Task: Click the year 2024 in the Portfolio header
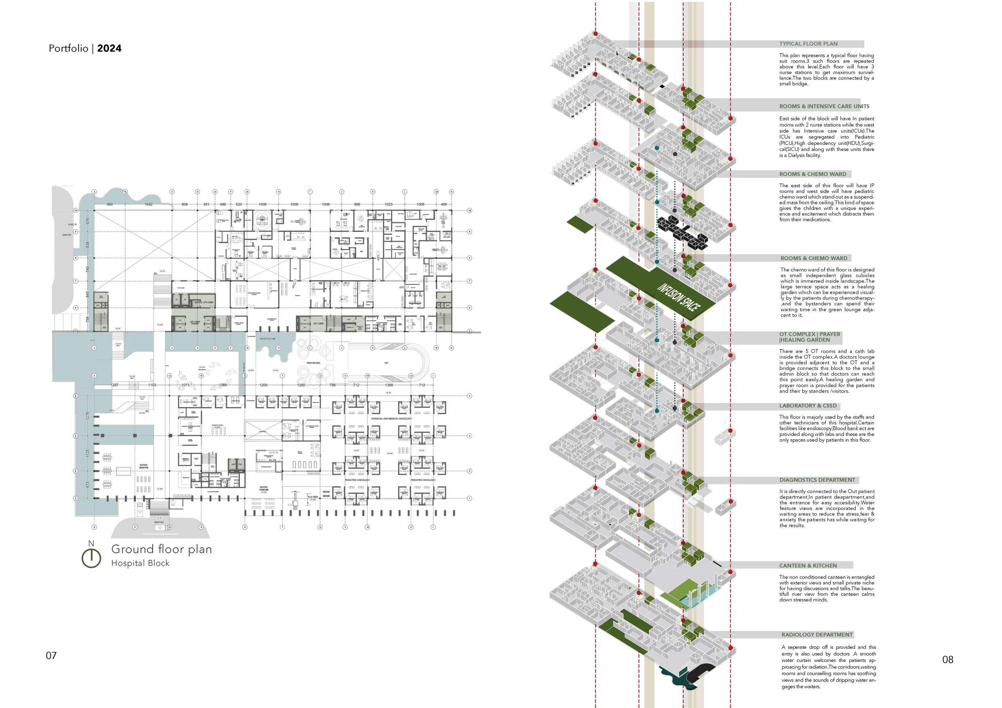[x=109, y=48]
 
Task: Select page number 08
[x=948, y=659]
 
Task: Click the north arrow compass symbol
[x=91, y=557]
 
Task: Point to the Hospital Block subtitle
[x=140, y=563]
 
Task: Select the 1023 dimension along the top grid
[x=389, y=204]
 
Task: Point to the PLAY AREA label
[x=313, y=497]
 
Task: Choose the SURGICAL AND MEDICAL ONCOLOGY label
[x=391, y=418]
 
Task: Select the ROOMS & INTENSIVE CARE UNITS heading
[x=824, y=107]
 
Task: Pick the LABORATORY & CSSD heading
[x=808, y=406]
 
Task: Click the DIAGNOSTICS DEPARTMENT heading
[x=817, y=480]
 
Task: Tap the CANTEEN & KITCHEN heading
[x=808, y=566]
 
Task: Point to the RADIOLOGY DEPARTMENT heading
[x=817, y=635]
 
